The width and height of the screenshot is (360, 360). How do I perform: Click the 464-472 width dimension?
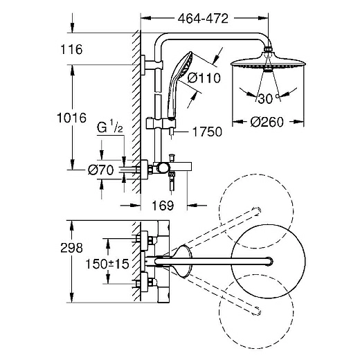tap(203, 19)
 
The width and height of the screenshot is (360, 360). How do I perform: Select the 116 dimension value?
tap(71, 49)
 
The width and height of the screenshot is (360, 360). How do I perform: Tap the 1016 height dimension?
tap(71, 118)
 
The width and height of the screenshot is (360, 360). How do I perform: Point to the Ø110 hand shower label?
tap(204, 78)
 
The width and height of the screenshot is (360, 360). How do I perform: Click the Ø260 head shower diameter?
tap(267, 122)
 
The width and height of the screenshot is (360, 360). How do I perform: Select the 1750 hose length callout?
tap(207, 132)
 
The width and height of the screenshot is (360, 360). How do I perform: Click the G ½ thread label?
tap(110, 127)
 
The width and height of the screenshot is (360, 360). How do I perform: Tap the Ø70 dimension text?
tap(101, 170)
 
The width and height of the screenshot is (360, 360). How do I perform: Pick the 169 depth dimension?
tap(163, 205)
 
